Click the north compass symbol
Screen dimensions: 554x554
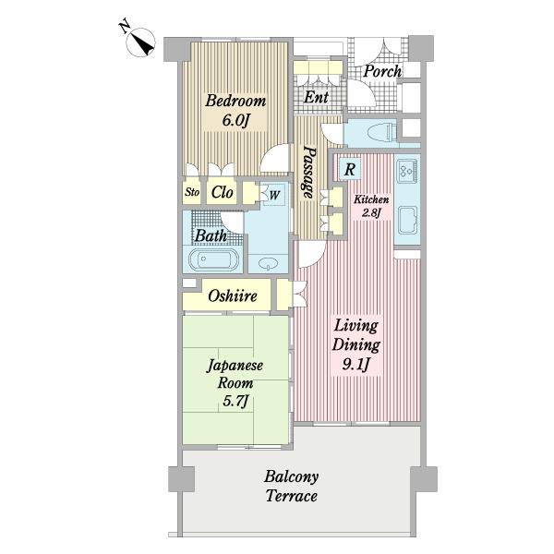140,42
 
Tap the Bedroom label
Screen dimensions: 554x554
235,101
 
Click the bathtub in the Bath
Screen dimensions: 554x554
214,259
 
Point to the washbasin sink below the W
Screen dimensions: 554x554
268,263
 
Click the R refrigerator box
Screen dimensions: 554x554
349,169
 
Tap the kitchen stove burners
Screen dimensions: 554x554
407,171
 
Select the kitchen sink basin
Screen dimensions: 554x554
407,221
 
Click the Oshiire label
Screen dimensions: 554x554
233,296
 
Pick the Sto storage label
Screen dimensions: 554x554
192,192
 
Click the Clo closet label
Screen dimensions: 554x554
222,192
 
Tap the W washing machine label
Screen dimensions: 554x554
274,195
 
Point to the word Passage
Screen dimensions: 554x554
308,173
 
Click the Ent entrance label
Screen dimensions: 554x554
316,97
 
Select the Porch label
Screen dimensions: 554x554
382,72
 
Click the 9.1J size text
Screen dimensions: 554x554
355,364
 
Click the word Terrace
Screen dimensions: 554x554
292,496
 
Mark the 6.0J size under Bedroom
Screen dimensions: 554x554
236,121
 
